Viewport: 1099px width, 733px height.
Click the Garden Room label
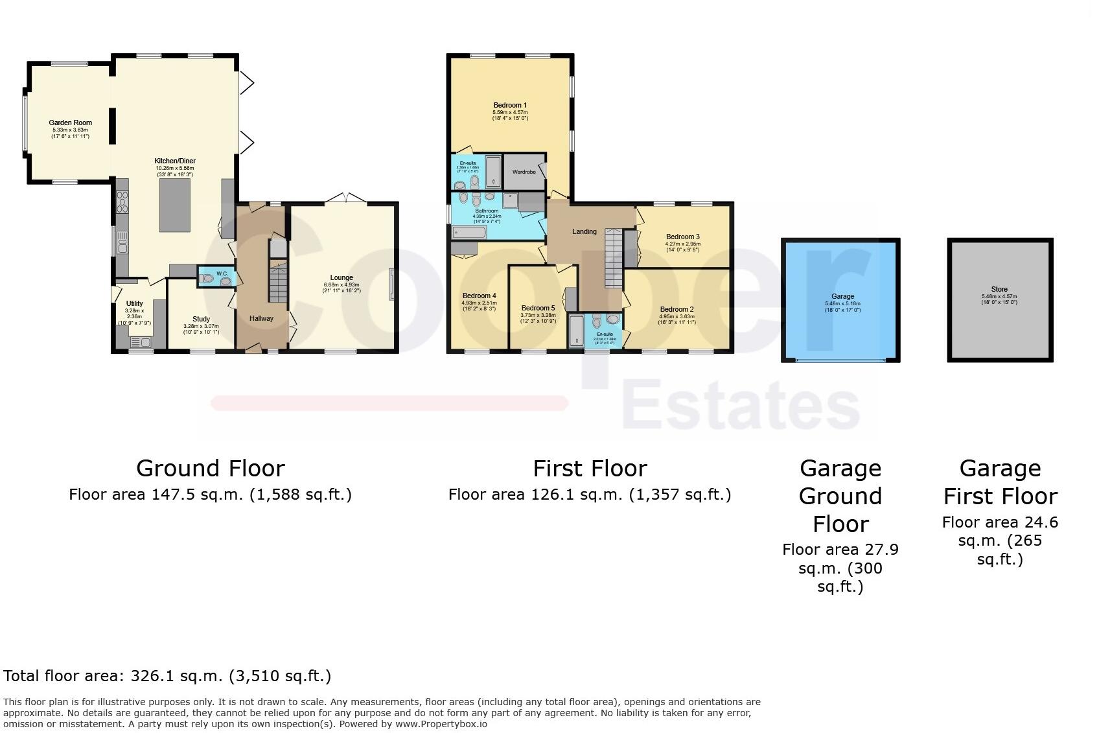pos(70,122)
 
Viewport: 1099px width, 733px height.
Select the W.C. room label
pos(222,273)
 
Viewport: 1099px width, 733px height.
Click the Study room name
pos(201,319)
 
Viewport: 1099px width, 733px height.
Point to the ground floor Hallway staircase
pos(278,282)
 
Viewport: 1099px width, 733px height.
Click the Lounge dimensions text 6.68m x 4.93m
pos(341,285)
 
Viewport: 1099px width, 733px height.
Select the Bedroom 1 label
pos(510,105)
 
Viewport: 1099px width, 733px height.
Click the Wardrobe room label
pos(524,172)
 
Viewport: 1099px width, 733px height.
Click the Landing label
pos(584,231)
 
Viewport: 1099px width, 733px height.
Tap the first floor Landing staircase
pos(613,258)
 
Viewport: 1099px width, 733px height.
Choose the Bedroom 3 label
pos(683,237)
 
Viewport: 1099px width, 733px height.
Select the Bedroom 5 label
pos(538,308)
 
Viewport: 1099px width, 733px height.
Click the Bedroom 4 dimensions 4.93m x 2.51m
pos(479,303)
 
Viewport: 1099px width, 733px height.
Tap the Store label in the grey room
pos(999,289)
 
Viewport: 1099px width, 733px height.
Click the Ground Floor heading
pos(210,468)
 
